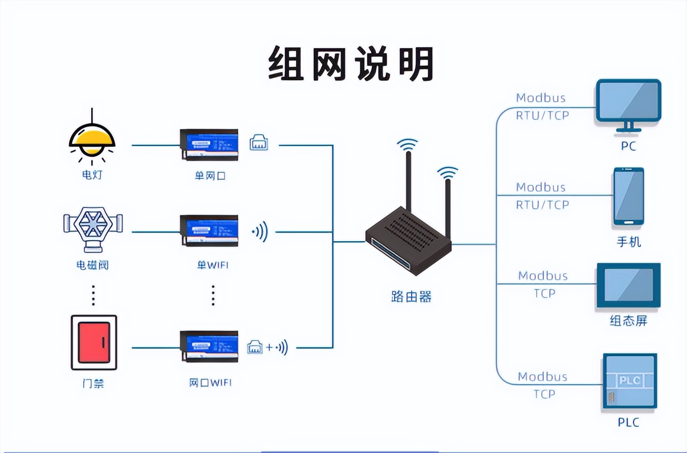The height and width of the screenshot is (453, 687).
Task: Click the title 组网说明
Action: coord(351,64)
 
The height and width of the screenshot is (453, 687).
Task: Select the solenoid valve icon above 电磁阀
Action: coord(93,228)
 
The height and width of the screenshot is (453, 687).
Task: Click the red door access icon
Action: coord(94,343)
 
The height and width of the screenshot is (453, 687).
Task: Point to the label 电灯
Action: coord(92,175)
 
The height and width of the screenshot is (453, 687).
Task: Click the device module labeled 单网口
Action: coord(209,145)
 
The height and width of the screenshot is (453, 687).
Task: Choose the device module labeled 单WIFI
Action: coord(209,231)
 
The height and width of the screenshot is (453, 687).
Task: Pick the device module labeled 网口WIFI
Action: coord(209,346)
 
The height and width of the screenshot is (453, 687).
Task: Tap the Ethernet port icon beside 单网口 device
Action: coord(259,143)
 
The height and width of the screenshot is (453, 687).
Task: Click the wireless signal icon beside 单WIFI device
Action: coord(260,232)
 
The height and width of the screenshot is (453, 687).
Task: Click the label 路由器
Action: coord(411,297)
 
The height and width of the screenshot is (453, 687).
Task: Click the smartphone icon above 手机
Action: coord(628,196)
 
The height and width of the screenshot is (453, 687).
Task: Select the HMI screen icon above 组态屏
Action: coord(628,285)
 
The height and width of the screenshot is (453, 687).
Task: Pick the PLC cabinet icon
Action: coord(629,381)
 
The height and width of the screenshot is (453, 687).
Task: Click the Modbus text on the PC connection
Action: coord(541,98)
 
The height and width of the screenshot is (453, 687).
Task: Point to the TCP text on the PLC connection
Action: coord(544,394)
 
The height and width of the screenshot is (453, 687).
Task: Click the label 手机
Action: coord(628,242)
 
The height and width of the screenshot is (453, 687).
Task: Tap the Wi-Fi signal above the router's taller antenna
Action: coord(407,145)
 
